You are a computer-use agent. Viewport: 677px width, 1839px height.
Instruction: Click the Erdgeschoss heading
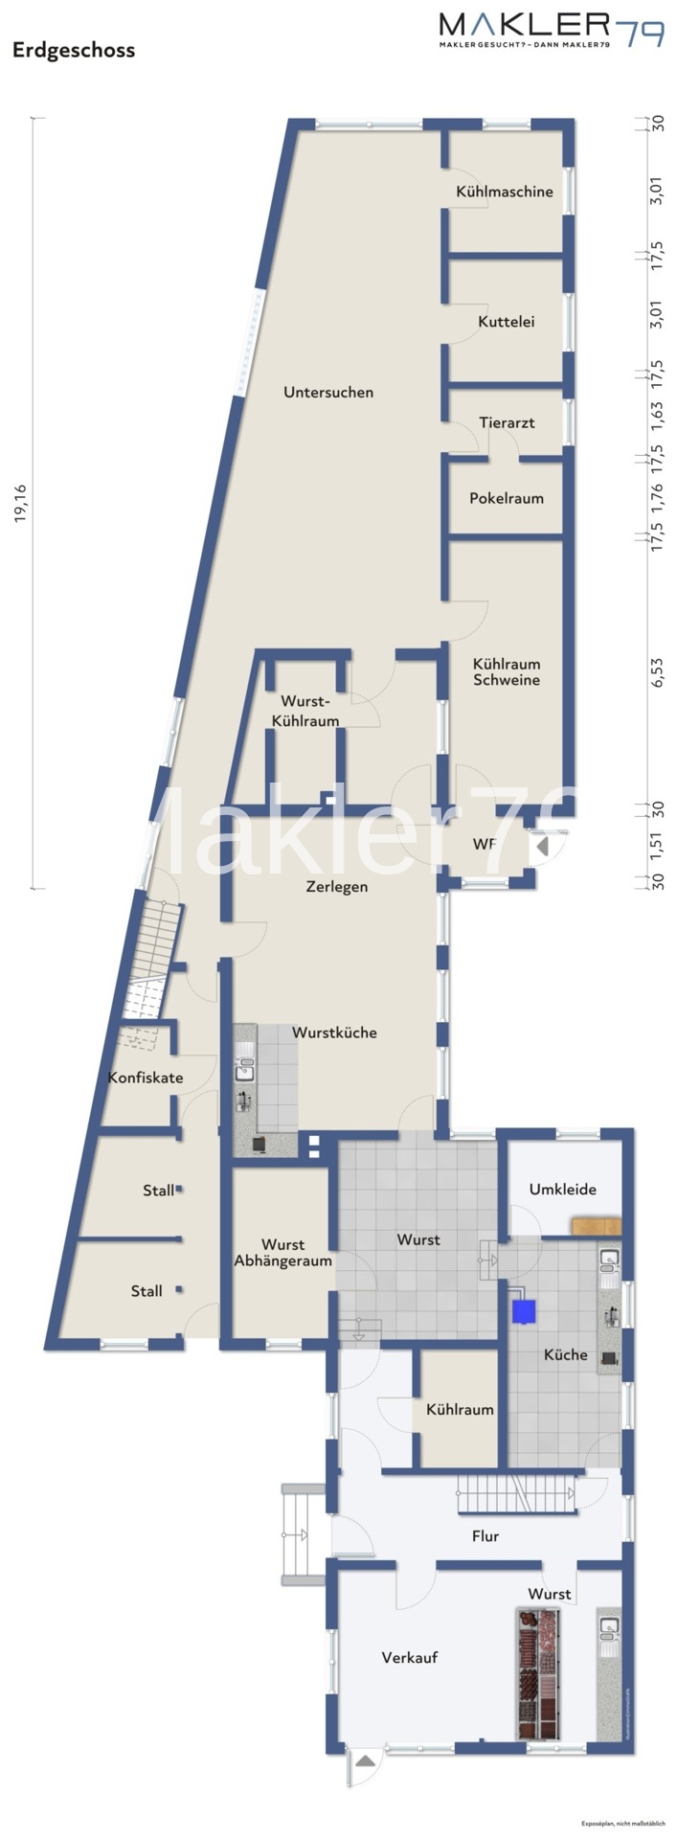[74, 51]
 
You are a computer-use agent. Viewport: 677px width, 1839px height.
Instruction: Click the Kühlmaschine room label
[505, 192]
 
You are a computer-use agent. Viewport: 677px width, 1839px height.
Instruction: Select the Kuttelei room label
[506, 322]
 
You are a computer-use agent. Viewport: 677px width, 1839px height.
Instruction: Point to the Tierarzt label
[507, 422]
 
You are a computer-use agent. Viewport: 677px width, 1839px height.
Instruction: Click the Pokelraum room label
[506, 498]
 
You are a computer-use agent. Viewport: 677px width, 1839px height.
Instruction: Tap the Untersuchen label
[328, 392]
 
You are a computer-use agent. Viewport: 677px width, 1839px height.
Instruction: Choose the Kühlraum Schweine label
[507, 671]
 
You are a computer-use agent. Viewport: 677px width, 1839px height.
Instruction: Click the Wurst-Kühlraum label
[305, 711]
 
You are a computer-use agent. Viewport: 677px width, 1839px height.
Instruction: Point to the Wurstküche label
[334, 1033]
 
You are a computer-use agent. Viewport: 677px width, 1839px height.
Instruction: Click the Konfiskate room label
[146, 1078]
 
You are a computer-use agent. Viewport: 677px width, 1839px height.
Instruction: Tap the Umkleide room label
[562, 1190]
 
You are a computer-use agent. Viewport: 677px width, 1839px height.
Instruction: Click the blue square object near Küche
[524, 1311]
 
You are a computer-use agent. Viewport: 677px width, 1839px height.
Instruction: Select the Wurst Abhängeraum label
[282, 1253]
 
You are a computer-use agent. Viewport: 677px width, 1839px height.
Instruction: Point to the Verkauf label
[409, 1657]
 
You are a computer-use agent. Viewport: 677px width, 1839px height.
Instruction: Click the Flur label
[485, 1536]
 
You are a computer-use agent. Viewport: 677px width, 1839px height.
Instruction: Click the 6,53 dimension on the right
[657, 671]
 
